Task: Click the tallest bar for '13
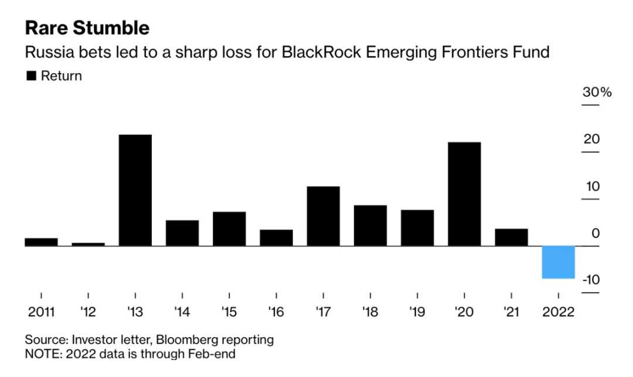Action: (x=135, y=190)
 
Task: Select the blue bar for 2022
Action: (x=558, y=262)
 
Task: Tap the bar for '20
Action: (x=464, y=193)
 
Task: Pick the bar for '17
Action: (x=323, y=216)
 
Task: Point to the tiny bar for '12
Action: (x=88, y=244)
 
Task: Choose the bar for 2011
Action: (x=41, y=242)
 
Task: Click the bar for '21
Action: (x=511, y=237)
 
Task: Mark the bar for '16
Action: (x=276, y=237)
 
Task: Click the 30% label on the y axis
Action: (x=596, y=93)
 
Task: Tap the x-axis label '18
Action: (x=370, y=311)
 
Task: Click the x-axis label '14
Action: (x=182, y=311)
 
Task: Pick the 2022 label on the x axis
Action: (x=558, y=311)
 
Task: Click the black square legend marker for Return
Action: (x=31, y=76)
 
